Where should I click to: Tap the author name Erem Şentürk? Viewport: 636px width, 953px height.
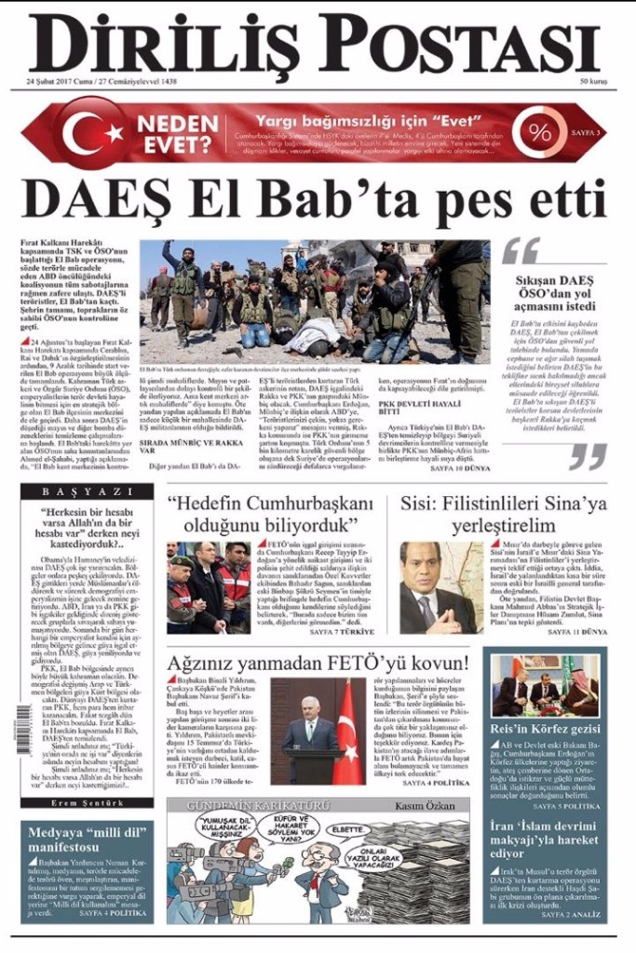[x=89, y=802]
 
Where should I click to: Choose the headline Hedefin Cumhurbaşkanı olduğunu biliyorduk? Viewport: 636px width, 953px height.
[x=270, y=514]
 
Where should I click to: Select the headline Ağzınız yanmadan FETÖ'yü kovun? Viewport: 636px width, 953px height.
[x=318, y=663]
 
